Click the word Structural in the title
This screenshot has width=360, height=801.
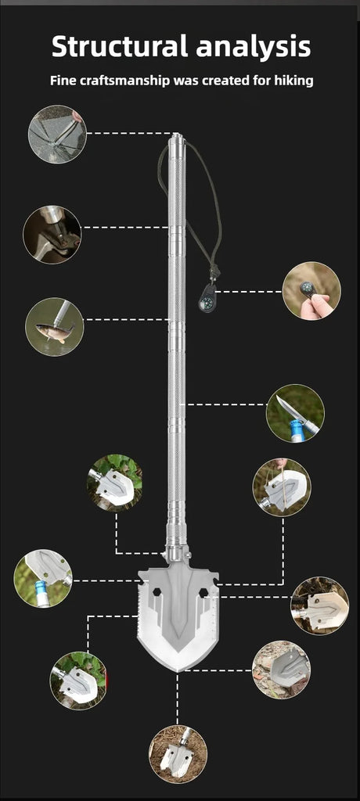[x=120, y=46]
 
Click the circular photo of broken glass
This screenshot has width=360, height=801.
[x=57, y=135]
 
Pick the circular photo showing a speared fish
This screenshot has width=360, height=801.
[x=55, y=327]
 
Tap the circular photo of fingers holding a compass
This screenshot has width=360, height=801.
[x=311, y=291]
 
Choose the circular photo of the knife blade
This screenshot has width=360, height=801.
[x=295, y=413]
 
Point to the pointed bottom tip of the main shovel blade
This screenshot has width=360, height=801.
[x=178, y=670]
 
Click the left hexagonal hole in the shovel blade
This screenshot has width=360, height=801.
[x=156, y=592]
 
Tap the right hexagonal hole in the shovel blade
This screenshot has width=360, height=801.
[x=203, y=592]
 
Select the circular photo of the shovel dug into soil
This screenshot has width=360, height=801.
[x=178, y=754]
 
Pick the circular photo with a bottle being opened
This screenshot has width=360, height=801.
[x=43, y=578]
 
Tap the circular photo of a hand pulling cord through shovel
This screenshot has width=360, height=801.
[x=282, y=487]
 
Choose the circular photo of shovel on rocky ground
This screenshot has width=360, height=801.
[x=281, y=670]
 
